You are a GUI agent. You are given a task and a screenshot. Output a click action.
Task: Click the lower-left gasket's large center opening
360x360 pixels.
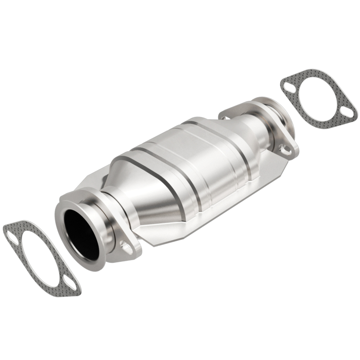tap(40, 255)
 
